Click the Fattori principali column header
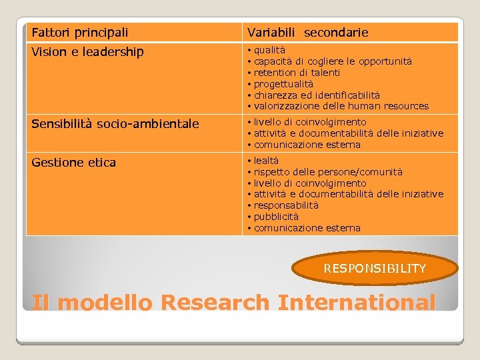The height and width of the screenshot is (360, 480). tap(80, 32)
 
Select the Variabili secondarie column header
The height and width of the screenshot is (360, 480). tap(307, 32)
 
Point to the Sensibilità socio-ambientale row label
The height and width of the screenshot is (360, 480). tap(115, 124)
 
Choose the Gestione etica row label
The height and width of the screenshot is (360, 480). tap(73, 163)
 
